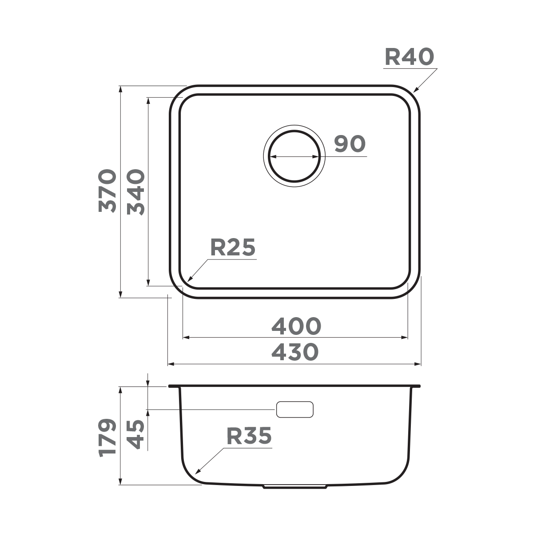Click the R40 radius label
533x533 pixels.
[x=409, y=57]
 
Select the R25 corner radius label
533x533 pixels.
[x=233, y=248]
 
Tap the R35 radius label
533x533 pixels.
[x=249, y=436]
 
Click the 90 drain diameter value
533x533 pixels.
[x=350, y=144]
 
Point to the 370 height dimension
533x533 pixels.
[x=108, y=191]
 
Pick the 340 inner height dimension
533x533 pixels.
[x=136, y=192]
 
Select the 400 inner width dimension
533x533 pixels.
[x=296, y=327]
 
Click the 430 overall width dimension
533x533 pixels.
[x=295, y=352]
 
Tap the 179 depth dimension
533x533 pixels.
[x=108, y=438]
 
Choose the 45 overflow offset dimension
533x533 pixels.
[x=136, y=434]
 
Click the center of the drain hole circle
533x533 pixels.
[x=294, y=157]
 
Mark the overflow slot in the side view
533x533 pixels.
[x=295, y=409]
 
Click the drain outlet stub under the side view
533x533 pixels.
[x=295, y=487]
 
